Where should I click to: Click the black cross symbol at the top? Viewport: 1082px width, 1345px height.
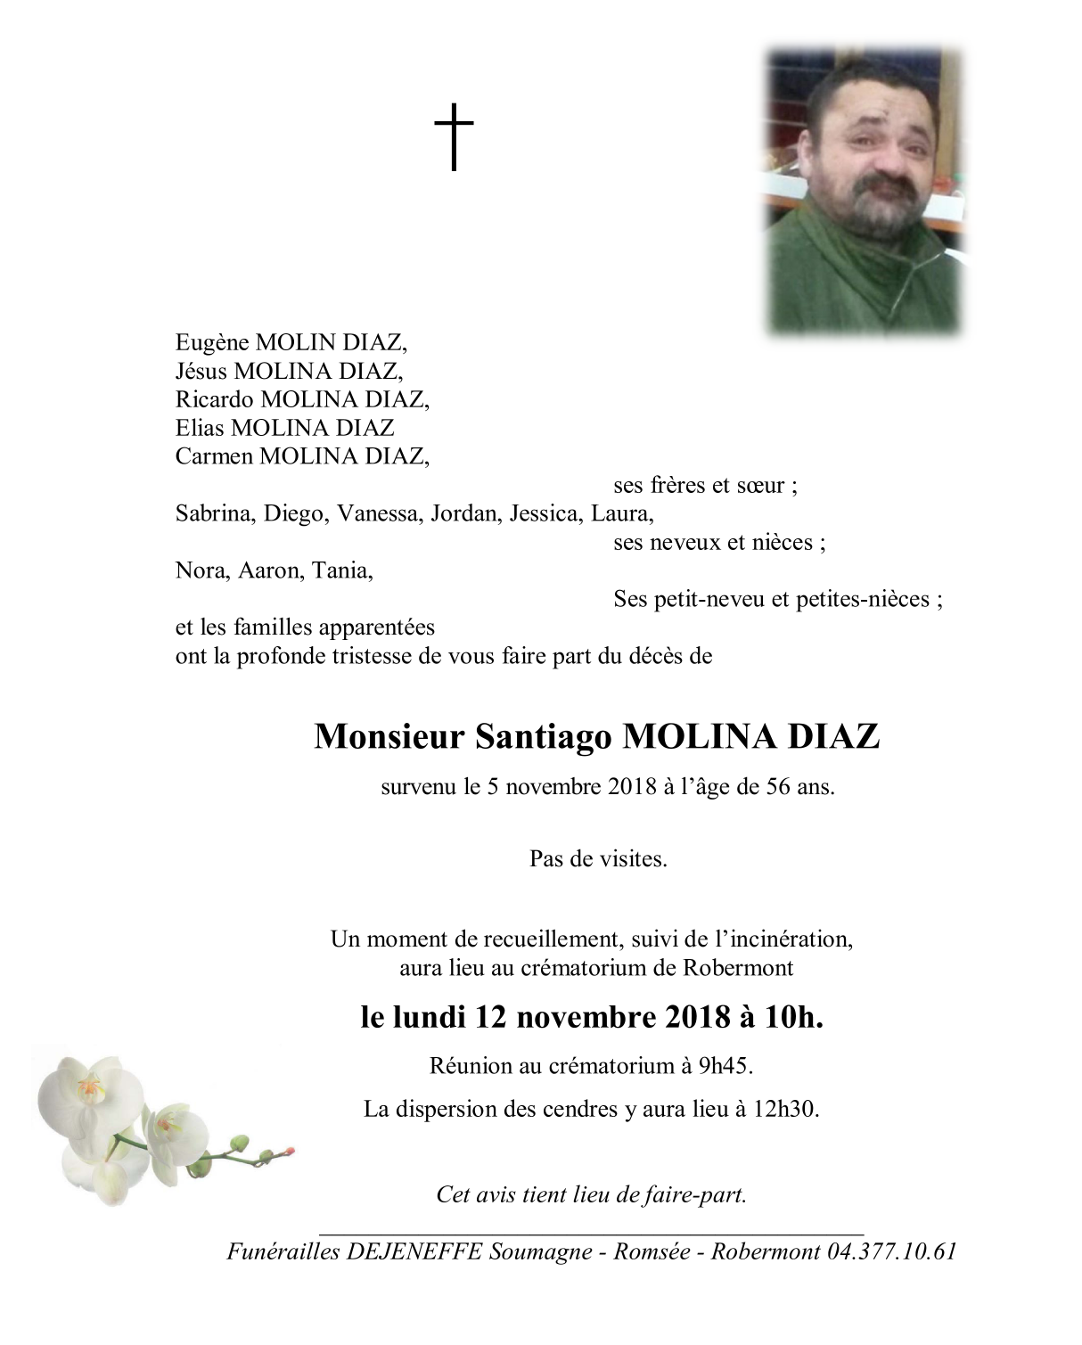click(x=454, y=136)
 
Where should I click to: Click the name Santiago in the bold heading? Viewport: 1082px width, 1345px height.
click(x=544, y=737)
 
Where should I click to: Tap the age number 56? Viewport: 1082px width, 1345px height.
click(x=778, y=787)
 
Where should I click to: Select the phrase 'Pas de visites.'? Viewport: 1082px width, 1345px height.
click(x=598, y=859)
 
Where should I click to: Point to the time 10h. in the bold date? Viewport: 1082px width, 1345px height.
click(x=793, y=1017)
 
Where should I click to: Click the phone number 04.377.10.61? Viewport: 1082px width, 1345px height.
click(x=891, y=1251)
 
